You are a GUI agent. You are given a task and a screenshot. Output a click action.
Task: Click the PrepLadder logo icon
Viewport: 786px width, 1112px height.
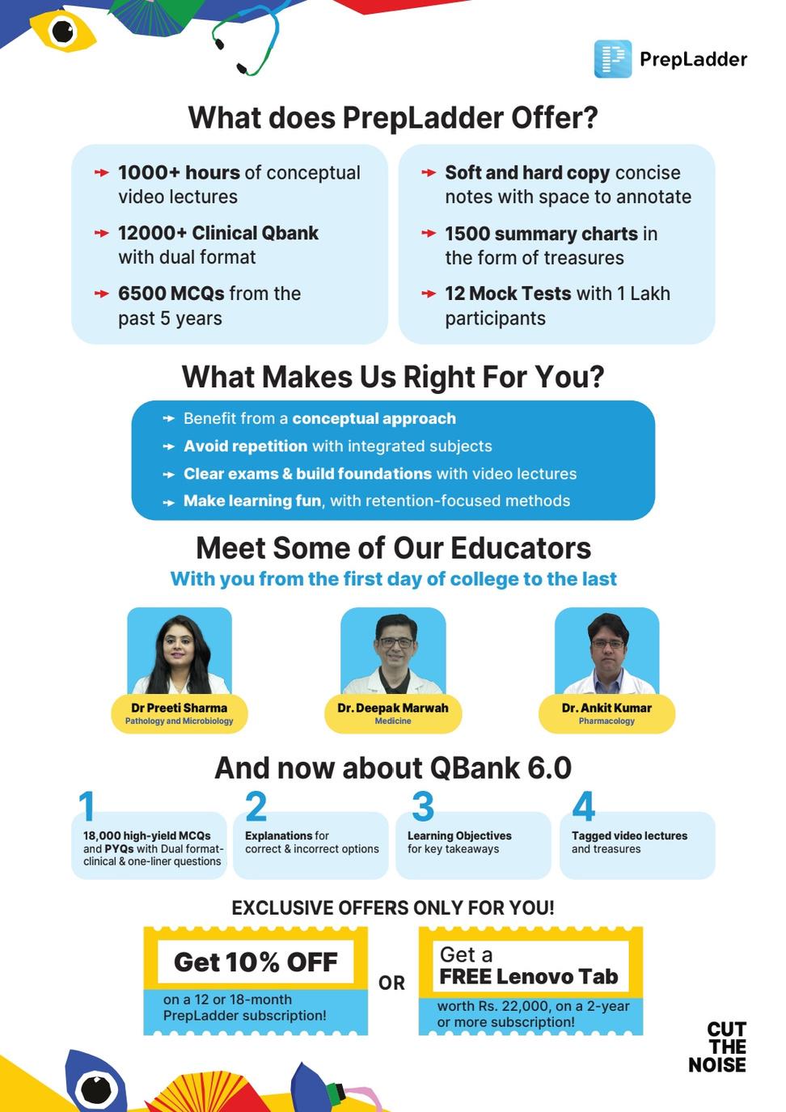[x=612, y=59]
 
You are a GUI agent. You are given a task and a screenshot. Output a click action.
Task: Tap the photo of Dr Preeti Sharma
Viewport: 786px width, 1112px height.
[x=179, y=651]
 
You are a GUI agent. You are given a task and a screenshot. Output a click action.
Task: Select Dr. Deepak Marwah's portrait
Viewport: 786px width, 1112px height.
[x=393, y=651]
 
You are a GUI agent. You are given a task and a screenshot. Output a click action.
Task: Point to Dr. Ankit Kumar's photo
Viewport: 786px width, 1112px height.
[x=606, y=651]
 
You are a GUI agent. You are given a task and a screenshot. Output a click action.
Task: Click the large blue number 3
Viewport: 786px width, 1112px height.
[x=422, y=806]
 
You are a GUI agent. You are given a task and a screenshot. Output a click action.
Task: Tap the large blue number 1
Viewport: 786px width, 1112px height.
[x=87, y=806]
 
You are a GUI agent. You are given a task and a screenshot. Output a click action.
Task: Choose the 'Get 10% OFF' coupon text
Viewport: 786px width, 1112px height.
[x=256, y=962]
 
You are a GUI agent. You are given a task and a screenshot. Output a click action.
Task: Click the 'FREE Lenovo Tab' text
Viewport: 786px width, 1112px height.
[x=528, y=977]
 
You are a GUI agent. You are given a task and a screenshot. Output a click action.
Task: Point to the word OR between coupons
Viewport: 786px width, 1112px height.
[x=392, y=983]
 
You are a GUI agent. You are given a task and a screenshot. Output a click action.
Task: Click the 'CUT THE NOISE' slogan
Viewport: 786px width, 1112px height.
[x=718, y=1047]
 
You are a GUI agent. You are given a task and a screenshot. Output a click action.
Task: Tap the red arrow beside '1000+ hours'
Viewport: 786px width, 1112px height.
[x=102, y=172]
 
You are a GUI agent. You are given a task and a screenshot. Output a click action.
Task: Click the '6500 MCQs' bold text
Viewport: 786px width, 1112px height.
[x=164, y=294]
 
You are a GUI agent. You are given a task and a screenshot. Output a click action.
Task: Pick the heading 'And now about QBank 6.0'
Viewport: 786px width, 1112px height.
[x=393, y=768]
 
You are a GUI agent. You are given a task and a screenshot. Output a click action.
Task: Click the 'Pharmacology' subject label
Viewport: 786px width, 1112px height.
[x=606, y=721]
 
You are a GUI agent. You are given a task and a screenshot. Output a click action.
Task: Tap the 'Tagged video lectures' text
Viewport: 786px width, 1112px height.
[x=629, y=835]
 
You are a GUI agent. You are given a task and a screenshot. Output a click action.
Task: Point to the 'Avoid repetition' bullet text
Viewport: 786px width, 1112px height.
[x=245, y=446]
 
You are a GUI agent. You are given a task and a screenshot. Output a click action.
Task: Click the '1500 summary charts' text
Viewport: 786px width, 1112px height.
[x=541, y=234]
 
